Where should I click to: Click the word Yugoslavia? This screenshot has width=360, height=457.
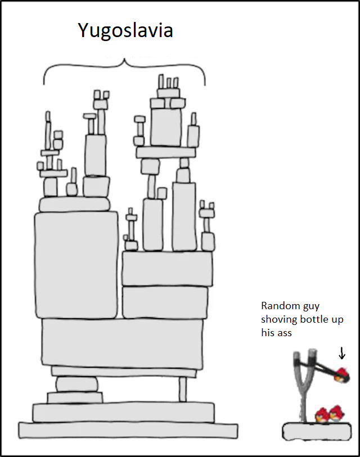(x=125, y=30)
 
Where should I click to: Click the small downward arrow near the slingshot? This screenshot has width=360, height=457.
(x=341, y=353)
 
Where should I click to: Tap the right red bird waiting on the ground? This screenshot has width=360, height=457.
(x=337, y=414)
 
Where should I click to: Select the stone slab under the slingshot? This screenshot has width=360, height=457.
(x=318, y=432)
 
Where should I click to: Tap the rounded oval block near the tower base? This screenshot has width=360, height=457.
(x=76, y=384)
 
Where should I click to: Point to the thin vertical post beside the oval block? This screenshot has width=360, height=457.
(x=182, y=389)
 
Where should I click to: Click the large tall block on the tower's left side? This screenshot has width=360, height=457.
(x=76, y=264)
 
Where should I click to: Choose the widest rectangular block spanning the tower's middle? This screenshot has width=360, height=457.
(x=122, y=343)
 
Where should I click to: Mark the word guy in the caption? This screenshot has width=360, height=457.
(x=308, y=306)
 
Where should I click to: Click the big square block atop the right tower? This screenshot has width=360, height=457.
(x=166, y=127)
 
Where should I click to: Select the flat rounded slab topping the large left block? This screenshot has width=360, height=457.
(x=74, y=204)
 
